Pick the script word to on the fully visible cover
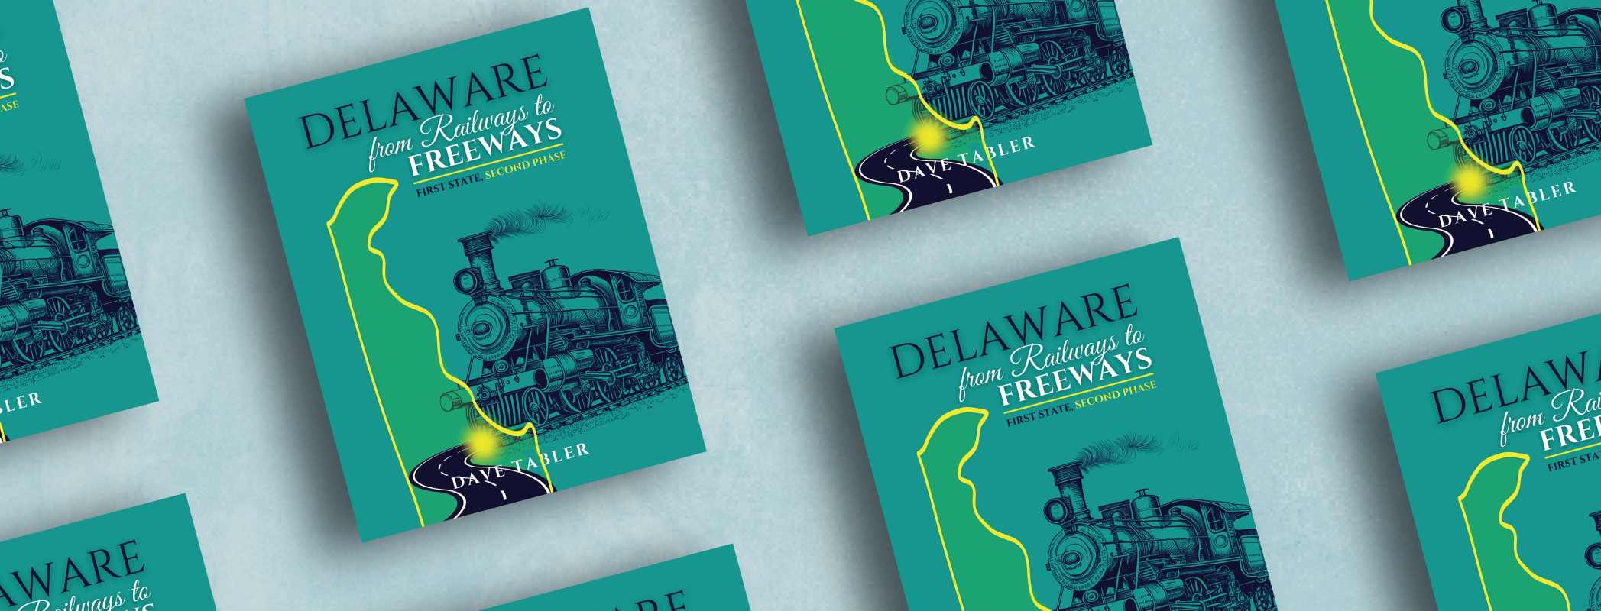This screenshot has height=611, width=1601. click(x=543, y=107)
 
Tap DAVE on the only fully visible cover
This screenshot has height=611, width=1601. click(x=478, y=476)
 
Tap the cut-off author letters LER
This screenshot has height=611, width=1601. click(x=21, y=402)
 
